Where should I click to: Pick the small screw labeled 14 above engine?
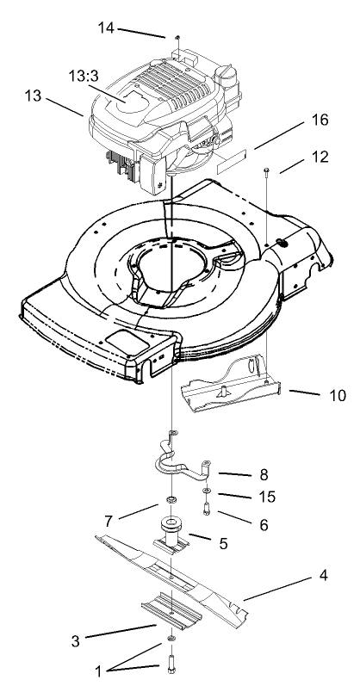176,38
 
